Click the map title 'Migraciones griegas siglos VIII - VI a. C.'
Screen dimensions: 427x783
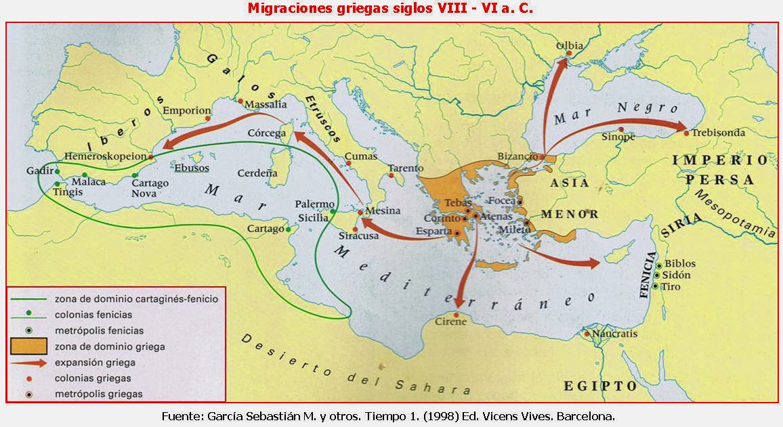coord(391,9)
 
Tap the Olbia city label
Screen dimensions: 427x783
coord(569,46)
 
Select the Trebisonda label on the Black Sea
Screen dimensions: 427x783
coord(718,133)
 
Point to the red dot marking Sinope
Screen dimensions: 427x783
coord(620,129)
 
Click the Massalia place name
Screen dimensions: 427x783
coord(265,105)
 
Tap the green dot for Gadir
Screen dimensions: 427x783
coord(58,171)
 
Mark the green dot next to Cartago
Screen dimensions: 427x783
coord(289,229)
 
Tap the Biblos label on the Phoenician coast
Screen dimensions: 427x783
coord(679,264)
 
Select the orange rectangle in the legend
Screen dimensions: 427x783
coord(30,347)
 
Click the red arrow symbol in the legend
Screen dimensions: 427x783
coord(30,363)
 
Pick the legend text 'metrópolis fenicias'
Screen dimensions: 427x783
coord(100,331)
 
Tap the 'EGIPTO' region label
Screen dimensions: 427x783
coord(600,386)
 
